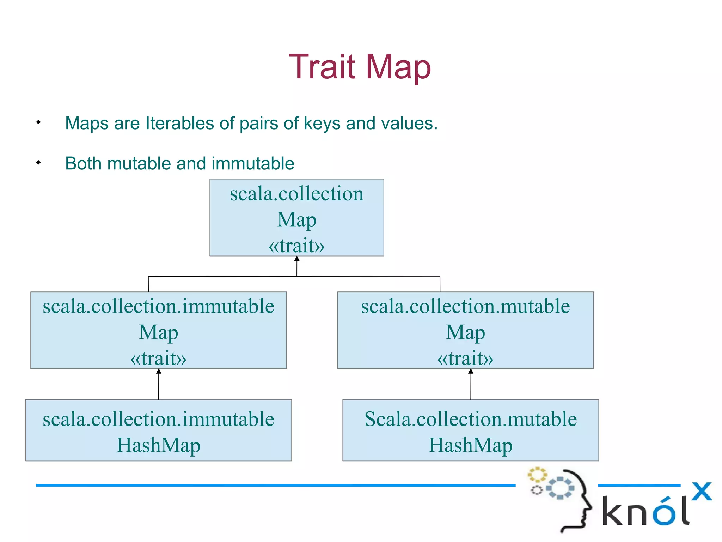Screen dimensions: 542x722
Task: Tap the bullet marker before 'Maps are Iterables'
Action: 38,122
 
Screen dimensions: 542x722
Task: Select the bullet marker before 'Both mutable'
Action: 38,163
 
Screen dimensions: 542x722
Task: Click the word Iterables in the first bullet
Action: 179,124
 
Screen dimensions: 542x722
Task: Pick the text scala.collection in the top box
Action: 296,194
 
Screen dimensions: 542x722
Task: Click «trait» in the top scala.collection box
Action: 296,246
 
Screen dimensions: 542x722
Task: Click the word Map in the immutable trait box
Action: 158,332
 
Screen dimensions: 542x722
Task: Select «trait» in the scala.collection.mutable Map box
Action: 465,359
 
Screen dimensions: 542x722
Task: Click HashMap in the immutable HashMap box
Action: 158,445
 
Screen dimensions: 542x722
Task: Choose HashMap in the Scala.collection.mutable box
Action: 470,445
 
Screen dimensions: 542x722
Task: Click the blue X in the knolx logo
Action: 702,491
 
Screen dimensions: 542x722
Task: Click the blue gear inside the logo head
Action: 560,488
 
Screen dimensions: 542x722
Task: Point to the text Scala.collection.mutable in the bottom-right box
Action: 470,419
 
